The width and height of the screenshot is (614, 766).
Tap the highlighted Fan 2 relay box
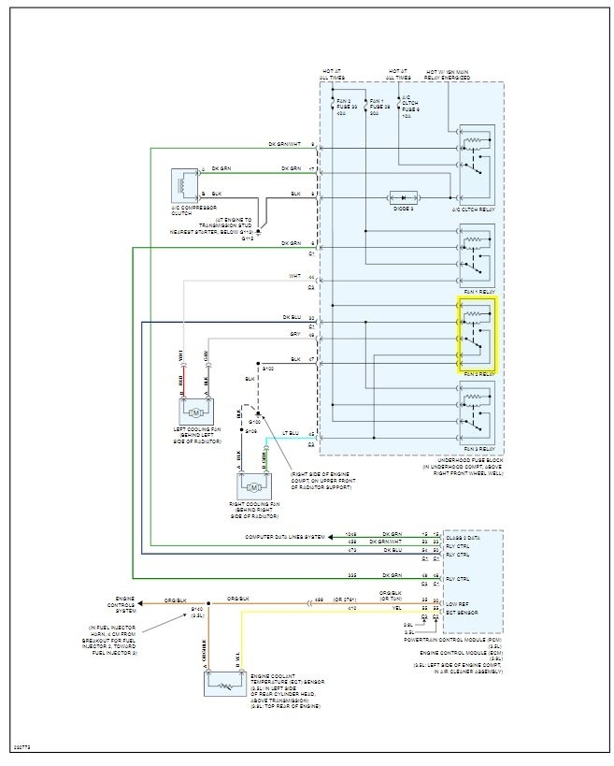tap(477, 335)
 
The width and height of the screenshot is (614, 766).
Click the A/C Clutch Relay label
tap(475, 210)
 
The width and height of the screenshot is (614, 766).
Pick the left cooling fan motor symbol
tap(196, 412)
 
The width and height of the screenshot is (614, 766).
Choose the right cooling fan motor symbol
tap(253, 487)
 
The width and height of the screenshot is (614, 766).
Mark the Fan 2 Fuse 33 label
tap(347, 104)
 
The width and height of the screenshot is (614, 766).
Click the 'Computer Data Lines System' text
tap(285, 537)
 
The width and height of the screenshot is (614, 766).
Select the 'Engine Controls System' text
tap(127, 603)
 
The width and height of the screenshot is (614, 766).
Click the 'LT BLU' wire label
tap(291, 434)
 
